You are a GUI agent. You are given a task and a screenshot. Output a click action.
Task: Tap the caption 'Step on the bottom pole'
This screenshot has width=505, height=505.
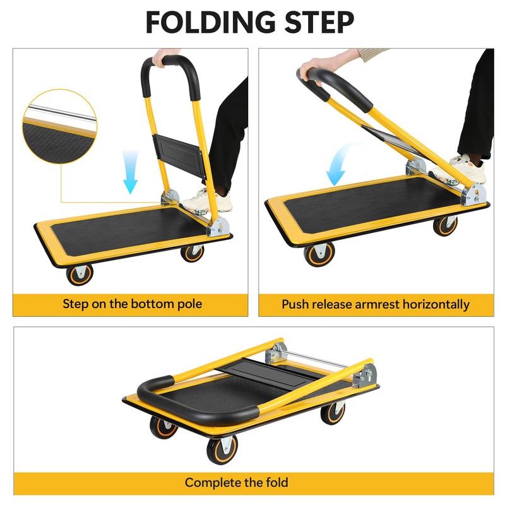pyautogui.click(x=132, y=304)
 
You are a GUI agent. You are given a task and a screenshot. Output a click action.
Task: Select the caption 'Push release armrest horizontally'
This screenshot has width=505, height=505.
pyautogui.click(x=376, y=304)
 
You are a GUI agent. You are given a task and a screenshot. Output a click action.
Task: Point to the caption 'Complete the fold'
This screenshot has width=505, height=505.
pyautogui.click(x=237, y=483)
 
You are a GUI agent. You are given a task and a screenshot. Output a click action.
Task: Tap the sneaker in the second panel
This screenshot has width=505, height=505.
pyautogui.click(x=465, y=167)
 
